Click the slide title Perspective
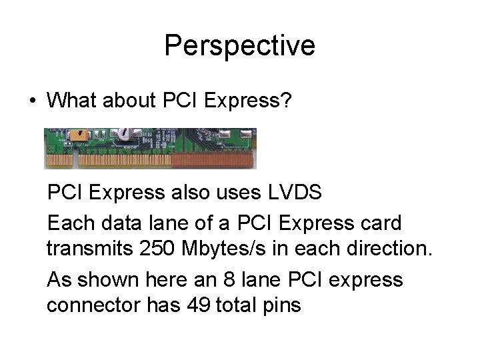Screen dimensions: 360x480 click(x=239, y=46)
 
